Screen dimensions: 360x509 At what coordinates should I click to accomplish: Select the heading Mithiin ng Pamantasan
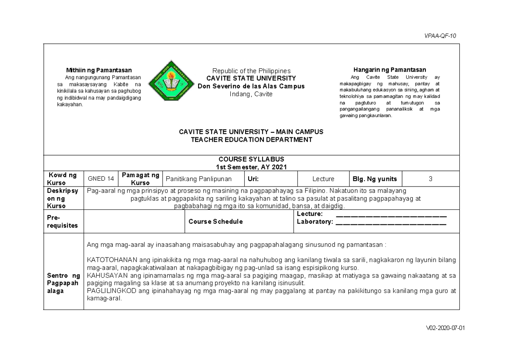pyautogui.click(x=98, y=70)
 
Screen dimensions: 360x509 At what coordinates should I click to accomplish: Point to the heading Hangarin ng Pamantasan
pyautogui.click(x=390, y=70)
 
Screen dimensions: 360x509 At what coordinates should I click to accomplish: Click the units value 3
pyautogui.click(x=430, y=179)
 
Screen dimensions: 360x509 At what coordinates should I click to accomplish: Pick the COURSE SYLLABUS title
pyautogui.click(x=252, y=159)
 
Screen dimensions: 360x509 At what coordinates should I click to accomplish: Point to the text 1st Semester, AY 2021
pyautogui.click(x=252, y=167)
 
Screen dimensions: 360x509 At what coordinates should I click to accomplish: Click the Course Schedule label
pyautogui.click(x=215, y=222)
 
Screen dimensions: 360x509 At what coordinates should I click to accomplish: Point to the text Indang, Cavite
pyautogui.click(x=251, y=94)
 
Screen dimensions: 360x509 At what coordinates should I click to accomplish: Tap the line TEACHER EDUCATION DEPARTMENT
pyautogui.click(x=251, y=140)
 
